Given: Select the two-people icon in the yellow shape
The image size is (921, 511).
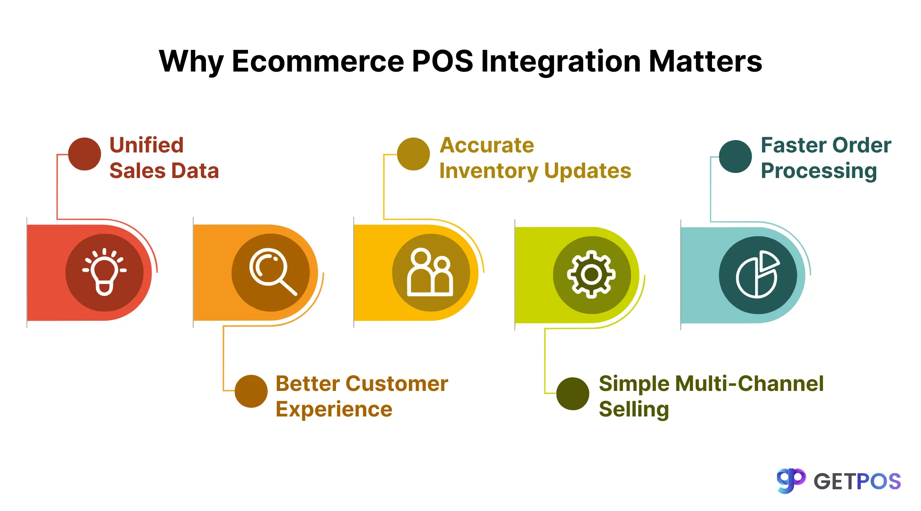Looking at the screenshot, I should [430, 273].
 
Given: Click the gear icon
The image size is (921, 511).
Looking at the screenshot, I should [591, 275].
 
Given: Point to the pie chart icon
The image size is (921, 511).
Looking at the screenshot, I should [758, 275].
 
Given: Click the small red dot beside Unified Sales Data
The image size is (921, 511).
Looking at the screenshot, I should [84, 154].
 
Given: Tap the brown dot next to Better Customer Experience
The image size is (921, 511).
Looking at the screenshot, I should [251, 391].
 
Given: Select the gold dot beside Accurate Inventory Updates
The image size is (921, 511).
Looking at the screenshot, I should [413, 154].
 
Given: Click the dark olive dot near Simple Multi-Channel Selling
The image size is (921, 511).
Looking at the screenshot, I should [573, 393].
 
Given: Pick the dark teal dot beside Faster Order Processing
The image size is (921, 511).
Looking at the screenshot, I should [735, 156].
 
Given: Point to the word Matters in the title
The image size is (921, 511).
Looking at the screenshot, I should [705, 61].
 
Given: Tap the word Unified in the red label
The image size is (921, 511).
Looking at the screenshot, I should [147, 145].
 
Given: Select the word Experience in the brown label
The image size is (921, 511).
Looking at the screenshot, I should [334, 410].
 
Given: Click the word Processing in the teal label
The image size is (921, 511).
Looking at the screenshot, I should [819, 171].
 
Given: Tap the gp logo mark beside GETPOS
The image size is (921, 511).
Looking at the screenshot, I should [791, 481].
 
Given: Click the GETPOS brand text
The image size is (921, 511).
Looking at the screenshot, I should [857, 482].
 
